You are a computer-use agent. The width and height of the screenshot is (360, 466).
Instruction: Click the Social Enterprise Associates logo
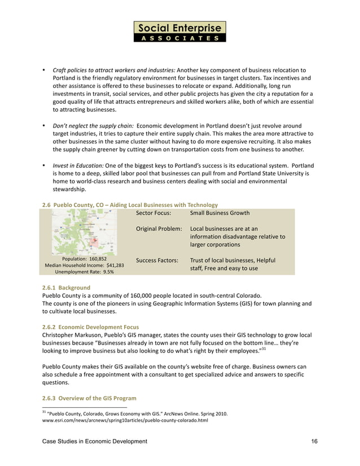179,32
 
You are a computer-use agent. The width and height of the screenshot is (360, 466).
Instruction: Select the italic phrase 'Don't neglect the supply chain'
93,125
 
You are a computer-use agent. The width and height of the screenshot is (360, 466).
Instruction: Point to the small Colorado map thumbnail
84,231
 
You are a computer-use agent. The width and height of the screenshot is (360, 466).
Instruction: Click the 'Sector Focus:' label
154,213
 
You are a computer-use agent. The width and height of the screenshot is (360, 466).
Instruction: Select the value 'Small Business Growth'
219,213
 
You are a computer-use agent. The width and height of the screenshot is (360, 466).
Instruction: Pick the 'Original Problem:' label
159,229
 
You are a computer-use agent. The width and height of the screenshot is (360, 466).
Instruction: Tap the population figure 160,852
96,258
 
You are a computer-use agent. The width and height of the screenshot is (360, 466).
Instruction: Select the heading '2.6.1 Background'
66,288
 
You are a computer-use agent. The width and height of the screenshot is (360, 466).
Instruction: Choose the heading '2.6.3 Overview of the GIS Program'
89,398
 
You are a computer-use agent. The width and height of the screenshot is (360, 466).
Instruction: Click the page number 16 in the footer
314,442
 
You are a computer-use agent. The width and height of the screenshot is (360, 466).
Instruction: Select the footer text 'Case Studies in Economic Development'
95,442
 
